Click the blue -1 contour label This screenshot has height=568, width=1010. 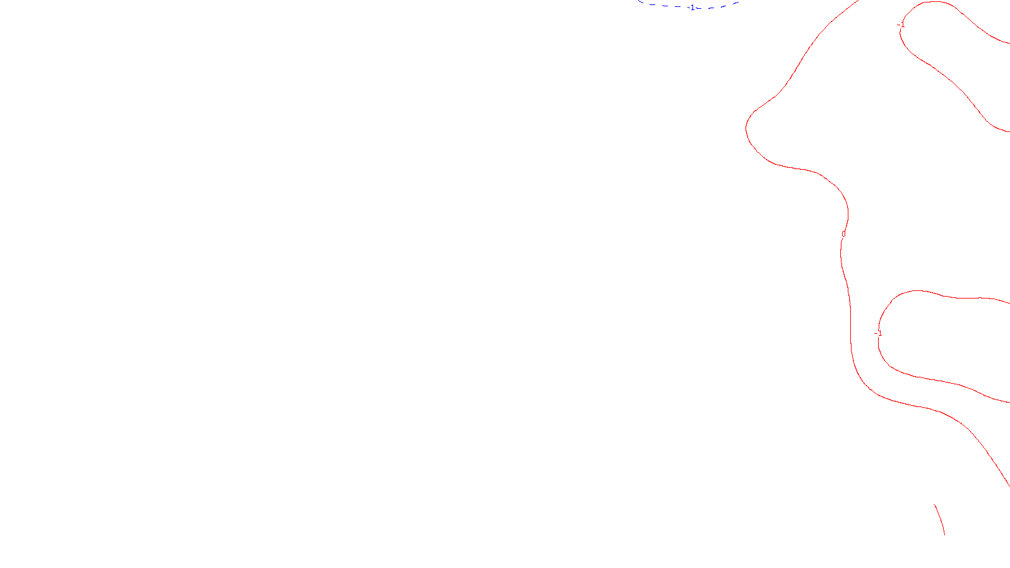point(692,8)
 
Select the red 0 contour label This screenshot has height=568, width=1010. point(843,234)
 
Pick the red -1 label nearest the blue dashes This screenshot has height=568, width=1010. point(901,25)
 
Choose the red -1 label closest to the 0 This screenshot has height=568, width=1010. point(878,333)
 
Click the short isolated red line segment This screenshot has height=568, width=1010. point(940,519)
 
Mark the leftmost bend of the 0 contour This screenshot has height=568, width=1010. point(747,126)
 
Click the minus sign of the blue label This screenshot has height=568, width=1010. point(690,8)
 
